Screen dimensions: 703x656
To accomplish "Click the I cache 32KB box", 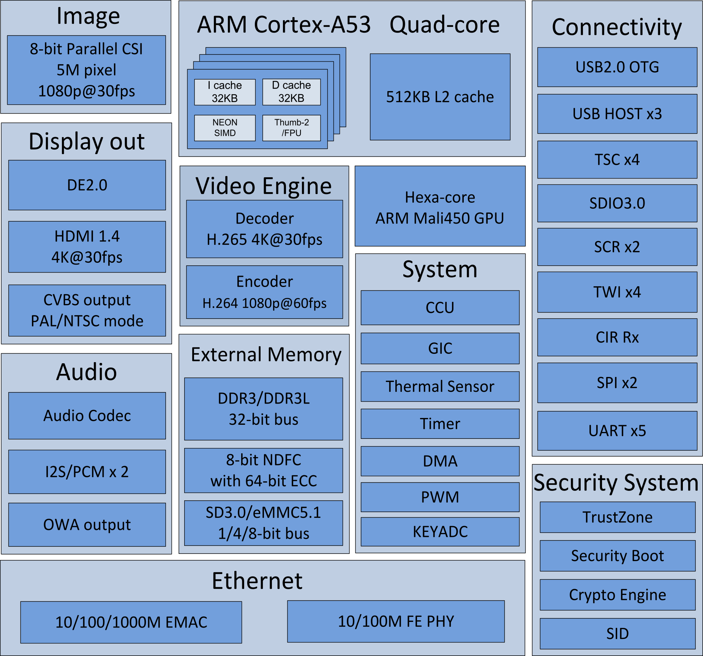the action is click(225, 92).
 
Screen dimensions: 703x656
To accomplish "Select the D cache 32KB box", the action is click(291, 92).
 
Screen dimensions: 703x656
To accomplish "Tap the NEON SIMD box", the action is click(225, 128).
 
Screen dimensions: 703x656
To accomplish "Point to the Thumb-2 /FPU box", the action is click(291, 128).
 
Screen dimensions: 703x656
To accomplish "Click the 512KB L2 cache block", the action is click(440, 97).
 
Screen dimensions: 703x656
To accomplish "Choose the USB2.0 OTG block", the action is click(617, 67).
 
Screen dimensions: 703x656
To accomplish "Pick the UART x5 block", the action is click(617, 430).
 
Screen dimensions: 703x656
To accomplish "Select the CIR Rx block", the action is click(617, 337).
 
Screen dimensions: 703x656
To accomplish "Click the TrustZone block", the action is click(618, 517).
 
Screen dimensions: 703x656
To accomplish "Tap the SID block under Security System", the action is click(618, 634).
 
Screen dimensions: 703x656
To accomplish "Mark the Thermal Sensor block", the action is click(440, 386).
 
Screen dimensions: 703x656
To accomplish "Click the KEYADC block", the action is click(440, 531).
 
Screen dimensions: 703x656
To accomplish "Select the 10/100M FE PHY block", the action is click(396, 621).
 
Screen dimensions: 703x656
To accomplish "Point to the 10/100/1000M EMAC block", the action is click(131, 622).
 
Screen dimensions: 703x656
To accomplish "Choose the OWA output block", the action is click(87, 525).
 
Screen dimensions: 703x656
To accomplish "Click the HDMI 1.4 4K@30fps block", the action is click(87, 247).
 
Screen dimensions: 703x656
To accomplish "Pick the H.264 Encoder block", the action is click(264, 292).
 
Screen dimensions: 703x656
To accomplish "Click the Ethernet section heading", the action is click(257, 580).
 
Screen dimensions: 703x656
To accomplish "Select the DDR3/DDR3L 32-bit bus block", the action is click(264, 409).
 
